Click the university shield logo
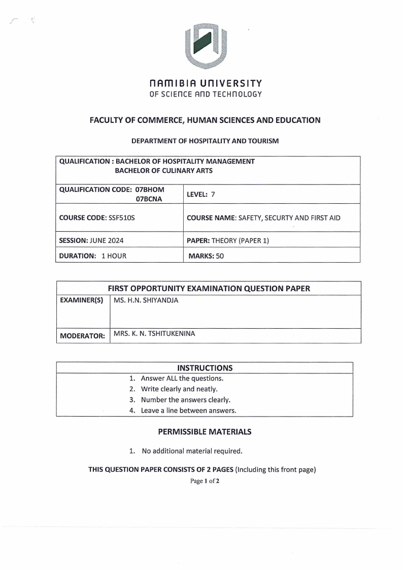205,46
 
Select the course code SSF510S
122,218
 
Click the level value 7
214,194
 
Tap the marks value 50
220,256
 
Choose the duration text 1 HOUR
114,256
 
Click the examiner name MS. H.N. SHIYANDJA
146,300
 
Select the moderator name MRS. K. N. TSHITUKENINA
154,334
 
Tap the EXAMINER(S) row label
81,301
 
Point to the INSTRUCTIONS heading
205,368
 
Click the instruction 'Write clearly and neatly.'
179,389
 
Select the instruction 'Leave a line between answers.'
188,410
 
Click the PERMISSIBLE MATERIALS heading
205,432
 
